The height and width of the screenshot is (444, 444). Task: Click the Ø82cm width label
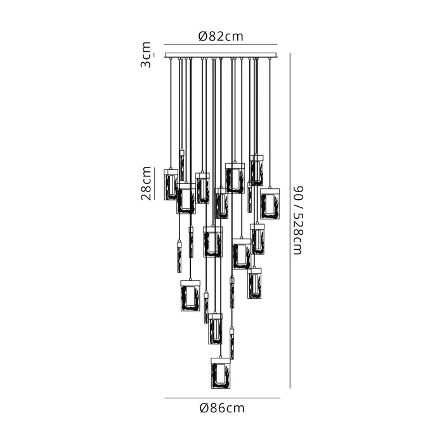click(221, 37)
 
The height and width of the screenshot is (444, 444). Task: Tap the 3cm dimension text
click(146, 55)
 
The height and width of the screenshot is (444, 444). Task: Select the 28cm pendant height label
click(146, 183)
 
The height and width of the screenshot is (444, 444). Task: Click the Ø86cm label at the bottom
click(221, 408)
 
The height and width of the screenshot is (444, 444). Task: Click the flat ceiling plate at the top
click(221, 55)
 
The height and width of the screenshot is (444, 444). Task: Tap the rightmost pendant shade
click(270, 204)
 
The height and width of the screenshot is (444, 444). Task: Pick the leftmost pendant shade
click(171, 185)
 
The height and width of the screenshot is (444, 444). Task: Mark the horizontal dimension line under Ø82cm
click(221, 46)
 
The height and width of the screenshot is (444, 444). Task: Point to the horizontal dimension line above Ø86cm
click(221, 398)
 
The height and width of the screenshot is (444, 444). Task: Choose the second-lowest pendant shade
click(216, 329)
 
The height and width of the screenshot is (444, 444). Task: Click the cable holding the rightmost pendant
click(270, 121)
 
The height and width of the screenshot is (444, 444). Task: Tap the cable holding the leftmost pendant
click(171, 114)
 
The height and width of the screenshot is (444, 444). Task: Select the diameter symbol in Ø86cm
click(203, 408)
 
